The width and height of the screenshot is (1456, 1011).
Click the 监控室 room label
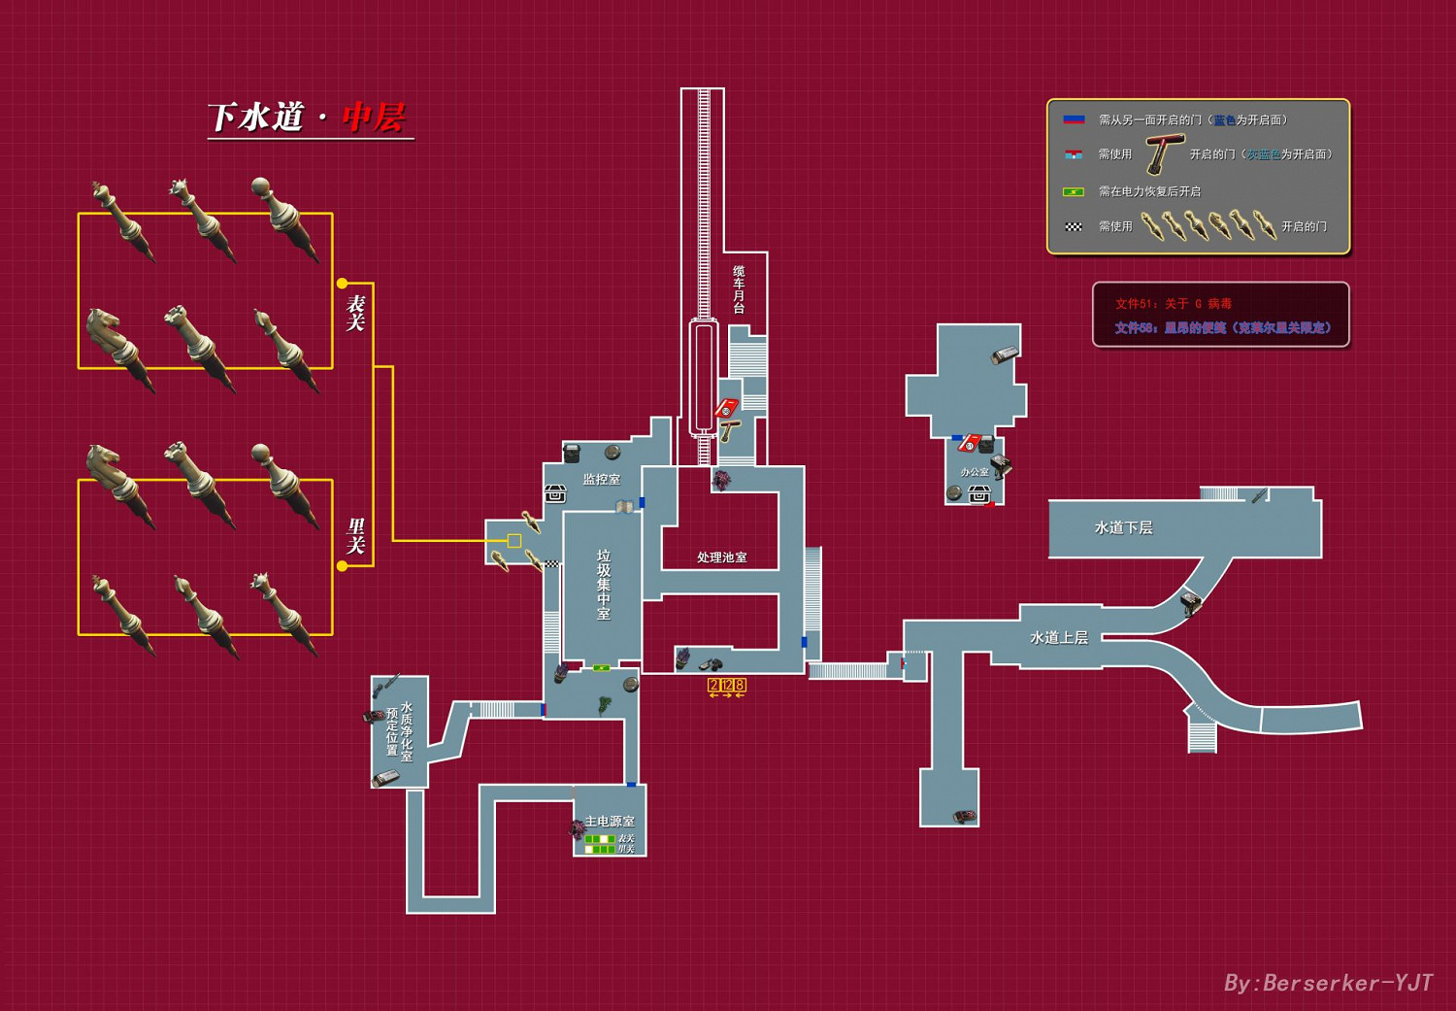[x=601, y=479]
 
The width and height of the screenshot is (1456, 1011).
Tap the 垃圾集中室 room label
[x=603, y=584]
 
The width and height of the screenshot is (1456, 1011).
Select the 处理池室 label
[x=721, y=557]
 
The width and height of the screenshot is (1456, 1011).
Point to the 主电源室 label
[x=610, y=822]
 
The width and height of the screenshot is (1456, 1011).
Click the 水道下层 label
[x=1123, y=527]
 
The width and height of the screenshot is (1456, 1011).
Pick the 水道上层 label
[x=1058, y=637]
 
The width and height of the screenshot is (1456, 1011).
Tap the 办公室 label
[x=974, y=472]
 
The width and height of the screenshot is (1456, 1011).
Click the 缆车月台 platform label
[x=739, y=288]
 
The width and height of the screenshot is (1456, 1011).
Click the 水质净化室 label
[x=406, y=731]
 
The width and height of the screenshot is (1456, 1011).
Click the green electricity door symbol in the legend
[x=1073, y=191]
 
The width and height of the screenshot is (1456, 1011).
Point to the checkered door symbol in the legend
[x=1073, y=226]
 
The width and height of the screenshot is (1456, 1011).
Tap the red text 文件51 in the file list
[x=1173, y=304]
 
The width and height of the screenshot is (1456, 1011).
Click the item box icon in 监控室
[x=555, y=494]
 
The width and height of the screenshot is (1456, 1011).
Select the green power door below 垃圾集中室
[x=602, y=668]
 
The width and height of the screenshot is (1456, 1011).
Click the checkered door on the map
[x=551, y=563]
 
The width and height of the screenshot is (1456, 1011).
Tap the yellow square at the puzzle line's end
[x=514, y=541]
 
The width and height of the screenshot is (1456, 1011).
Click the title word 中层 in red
[x=373, y=118]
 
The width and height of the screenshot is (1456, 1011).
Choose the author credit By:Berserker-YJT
[x=1327, y=983]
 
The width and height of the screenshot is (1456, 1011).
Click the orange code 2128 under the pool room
[x=727, y=686]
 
